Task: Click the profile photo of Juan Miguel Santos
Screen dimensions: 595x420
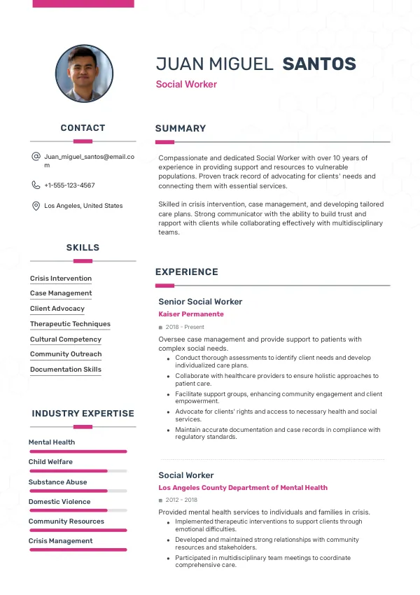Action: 84,74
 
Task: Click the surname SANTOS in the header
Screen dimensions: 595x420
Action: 319,64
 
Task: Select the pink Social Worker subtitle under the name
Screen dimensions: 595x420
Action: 186,85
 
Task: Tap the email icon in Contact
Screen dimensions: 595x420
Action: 36,157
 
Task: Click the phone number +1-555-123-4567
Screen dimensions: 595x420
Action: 69,185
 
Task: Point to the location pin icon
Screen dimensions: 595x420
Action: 36,206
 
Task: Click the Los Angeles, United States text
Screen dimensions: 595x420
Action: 83,206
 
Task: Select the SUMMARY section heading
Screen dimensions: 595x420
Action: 181,129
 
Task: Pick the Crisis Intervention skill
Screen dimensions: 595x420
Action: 61,279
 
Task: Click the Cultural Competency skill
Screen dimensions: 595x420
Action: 66,339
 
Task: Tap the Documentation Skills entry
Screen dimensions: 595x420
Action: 66,370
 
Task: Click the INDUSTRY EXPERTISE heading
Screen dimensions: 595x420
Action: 83,414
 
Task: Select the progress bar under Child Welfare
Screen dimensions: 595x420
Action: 77,471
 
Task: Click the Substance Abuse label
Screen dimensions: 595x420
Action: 57,482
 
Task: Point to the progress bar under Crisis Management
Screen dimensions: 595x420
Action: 77,549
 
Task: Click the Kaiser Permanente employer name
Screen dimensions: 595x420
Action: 191,314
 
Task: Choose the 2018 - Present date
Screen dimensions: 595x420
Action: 184,327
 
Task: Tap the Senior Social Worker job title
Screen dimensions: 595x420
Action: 200,302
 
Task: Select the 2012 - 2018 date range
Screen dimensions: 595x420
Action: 181,500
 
